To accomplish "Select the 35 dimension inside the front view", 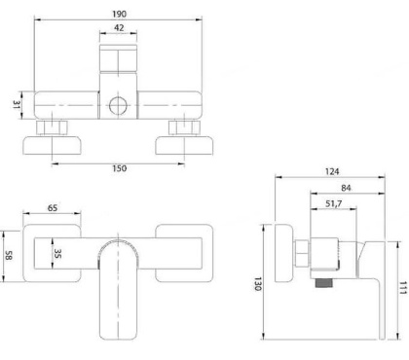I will [x=58, y=256].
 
